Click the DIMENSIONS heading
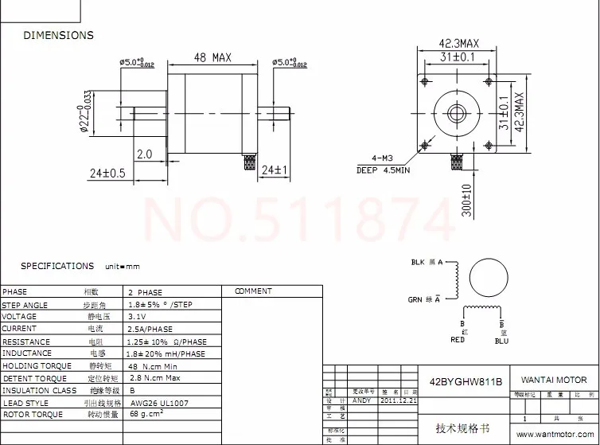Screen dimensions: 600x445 coord(58,35)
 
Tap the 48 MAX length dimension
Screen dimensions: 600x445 coord(212,57)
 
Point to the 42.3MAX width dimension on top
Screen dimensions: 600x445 coord(459,43)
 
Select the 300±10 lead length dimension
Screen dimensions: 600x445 coord(467,200)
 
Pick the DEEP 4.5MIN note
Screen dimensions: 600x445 coord(383,170)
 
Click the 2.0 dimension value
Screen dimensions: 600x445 coord(144,154)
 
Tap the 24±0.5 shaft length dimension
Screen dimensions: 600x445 coord(107,173)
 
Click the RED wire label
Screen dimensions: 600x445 coord(458,340)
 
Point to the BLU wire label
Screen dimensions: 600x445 coord(501,341)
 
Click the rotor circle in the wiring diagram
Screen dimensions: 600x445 coord(488,279)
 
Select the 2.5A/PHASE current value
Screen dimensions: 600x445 coord(150,329)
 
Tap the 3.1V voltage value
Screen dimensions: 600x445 coord(138,317)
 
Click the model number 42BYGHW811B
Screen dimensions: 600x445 coord(466,381)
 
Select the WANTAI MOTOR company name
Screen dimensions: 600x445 coord(554,380)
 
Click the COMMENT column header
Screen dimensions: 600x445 coord(253,291)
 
